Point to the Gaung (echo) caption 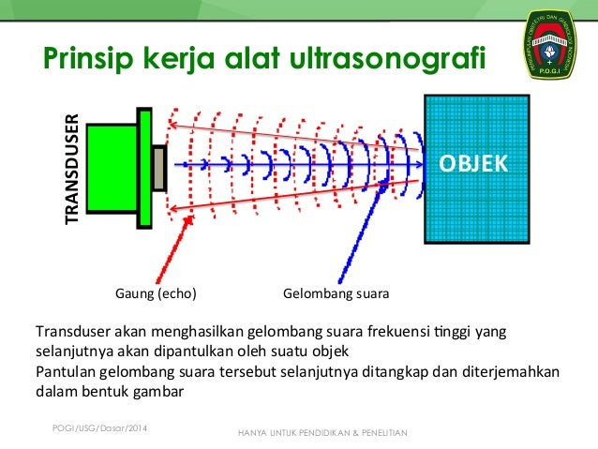click(x=156, y=294)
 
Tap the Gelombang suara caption click(x=336, y=294)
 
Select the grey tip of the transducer click(x=160, y=166)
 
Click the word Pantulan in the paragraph click(x=66, y=372)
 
